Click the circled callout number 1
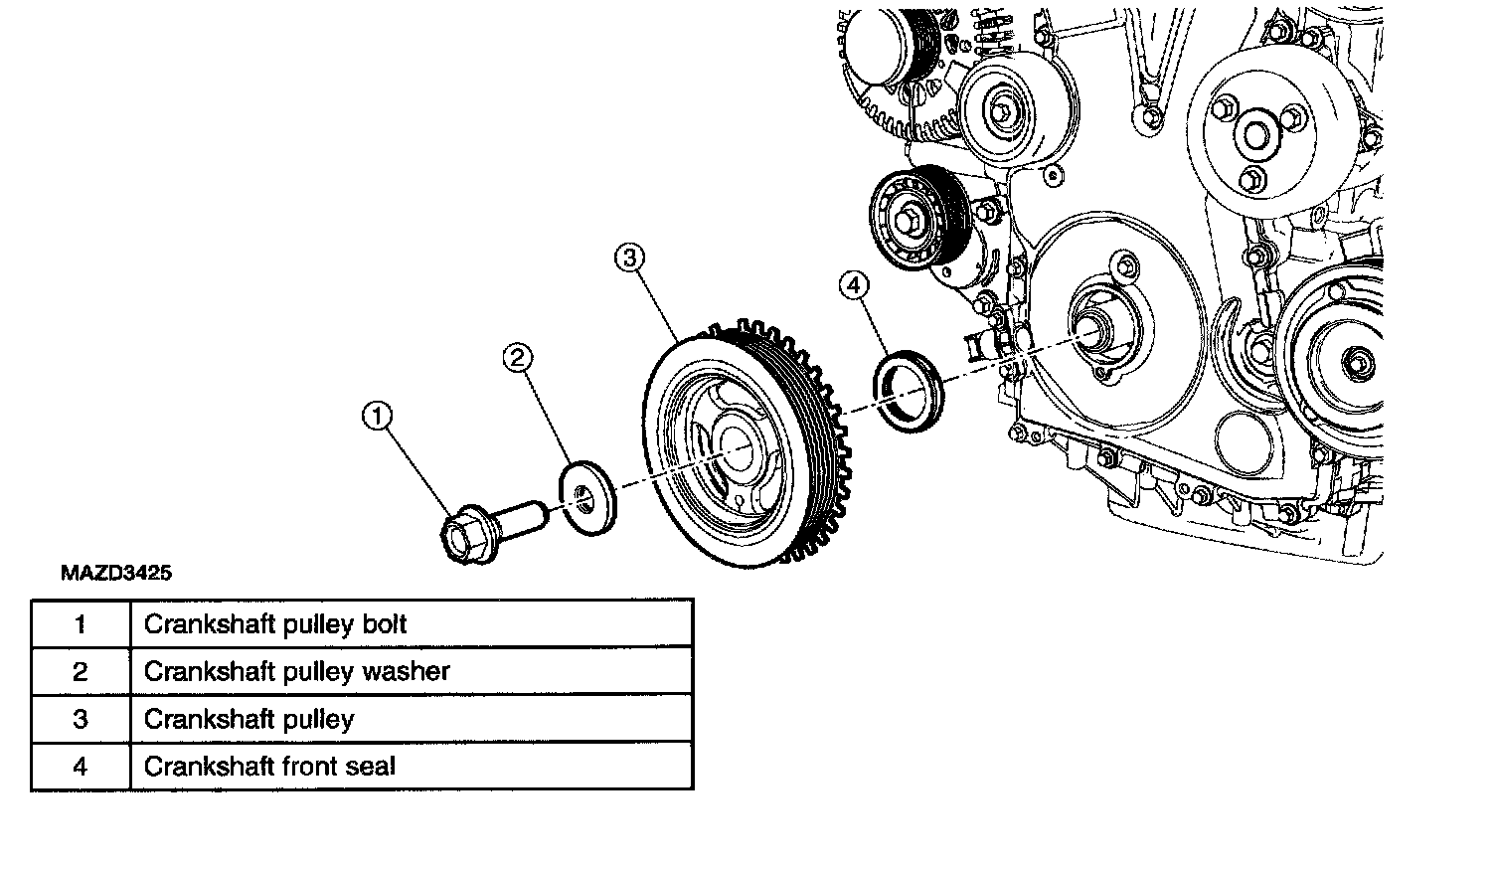[x=376, y=418]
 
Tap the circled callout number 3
[x=629, y=259]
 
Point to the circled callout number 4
[x=853, y=286]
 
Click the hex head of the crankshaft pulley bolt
[x=462, y=537]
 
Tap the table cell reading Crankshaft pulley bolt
[x=275, y=624]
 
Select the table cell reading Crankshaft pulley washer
[x=296, y=671]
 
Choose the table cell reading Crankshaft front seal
[x=269, y=767]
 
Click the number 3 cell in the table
[x=81, y=719]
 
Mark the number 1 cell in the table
[x=81, y=624]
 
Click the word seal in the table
[x=370, y=767]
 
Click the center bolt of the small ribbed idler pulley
[x=908, y=220]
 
